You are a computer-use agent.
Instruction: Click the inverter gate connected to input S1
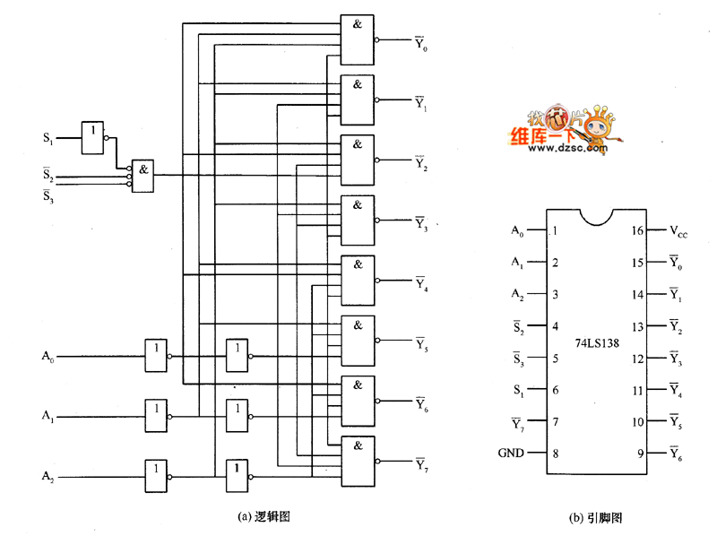[92, 138]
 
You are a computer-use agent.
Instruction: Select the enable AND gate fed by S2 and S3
[143, 176]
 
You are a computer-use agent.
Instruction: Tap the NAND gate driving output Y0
[357, 39]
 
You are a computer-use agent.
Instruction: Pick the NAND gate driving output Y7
[358, 461]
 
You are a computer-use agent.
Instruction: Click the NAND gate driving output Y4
[358, 281]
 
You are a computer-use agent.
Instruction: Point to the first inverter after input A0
[156, 355]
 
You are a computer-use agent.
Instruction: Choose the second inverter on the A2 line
[237, 476]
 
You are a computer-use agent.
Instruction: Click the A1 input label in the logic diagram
[48, 416]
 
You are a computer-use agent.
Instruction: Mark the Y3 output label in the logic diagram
[421, 224]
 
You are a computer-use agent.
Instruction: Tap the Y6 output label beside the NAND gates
[421, 404]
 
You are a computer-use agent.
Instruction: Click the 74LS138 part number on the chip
[597, 343]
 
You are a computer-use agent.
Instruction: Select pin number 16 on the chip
[637, 230]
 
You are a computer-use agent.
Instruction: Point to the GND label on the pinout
[511, 453]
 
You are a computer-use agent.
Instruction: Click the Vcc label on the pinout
[678, 231]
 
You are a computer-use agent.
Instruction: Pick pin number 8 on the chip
[556, 454]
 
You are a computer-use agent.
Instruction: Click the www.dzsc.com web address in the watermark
[567, 147]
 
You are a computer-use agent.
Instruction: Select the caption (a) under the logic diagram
[263, 517]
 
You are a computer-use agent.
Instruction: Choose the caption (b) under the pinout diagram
[595, 518]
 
